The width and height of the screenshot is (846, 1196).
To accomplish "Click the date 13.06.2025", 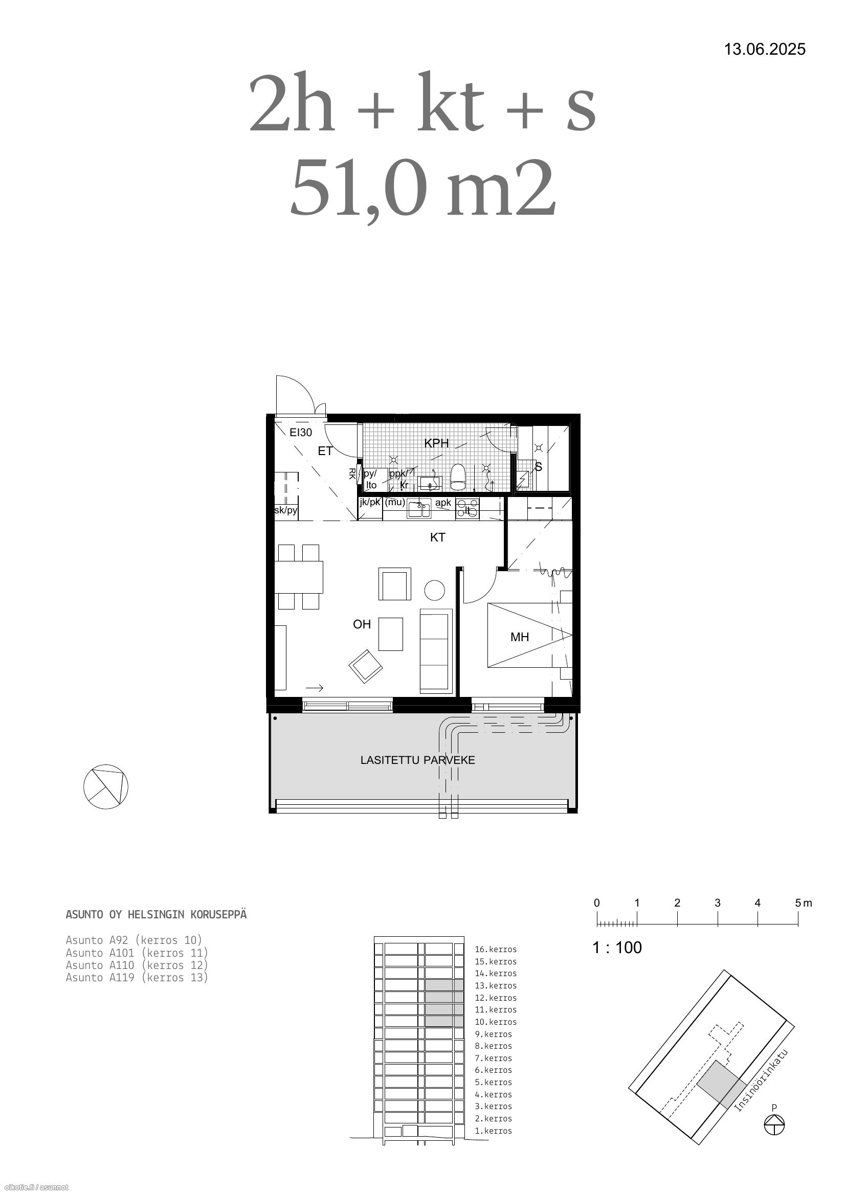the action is click(x=765, y=50).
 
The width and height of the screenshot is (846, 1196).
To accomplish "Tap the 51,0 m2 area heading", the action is click(x=422, y=188).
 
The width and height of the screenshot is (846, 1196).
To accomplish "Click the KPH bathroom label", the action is click(x=436, y=443).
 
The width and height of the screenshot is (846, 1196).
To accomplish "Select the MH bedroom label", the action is click(x=520, y=637).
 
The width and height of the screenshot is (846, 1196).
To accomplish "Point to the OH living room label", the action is click(x=362, y=624).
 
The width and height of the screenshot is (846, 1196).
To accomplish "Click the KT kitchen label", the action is click(x=438, y=537).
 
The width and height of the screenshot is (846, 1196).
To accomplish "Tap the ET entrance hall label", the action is click(x=325, y=451).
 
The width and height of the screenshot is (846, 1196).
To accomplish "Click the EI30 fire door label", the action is click(x=301, y=433).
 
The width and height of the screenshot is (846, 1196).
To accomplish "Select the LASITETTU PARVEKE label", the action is click(x=418, y=760).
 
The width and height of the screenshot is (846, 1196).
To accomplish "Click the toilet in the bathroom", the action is click(x=458, y=477).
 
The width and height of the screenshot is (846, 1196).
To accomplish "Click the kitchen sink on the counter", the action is click(x=419, y=509).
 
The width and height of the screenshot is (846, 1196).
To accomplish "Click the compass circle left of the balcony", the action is click(x=106, y=786).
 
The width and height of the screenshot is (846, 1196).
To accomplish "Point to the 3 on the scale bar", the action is click(x=717, y=902).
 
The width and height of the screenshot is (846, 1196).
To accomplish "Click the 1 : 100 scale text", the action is click(x=617, y=947).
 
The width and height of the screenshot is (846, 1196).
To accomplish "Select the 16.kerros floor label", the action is click(x=496, y=949).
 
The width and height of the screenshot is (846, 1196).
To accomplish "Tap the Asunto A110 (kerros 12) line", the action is click(x=137, y=965).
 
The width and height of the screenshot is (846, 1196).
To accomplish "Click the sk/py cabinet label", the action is click(x=285, y=510).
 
